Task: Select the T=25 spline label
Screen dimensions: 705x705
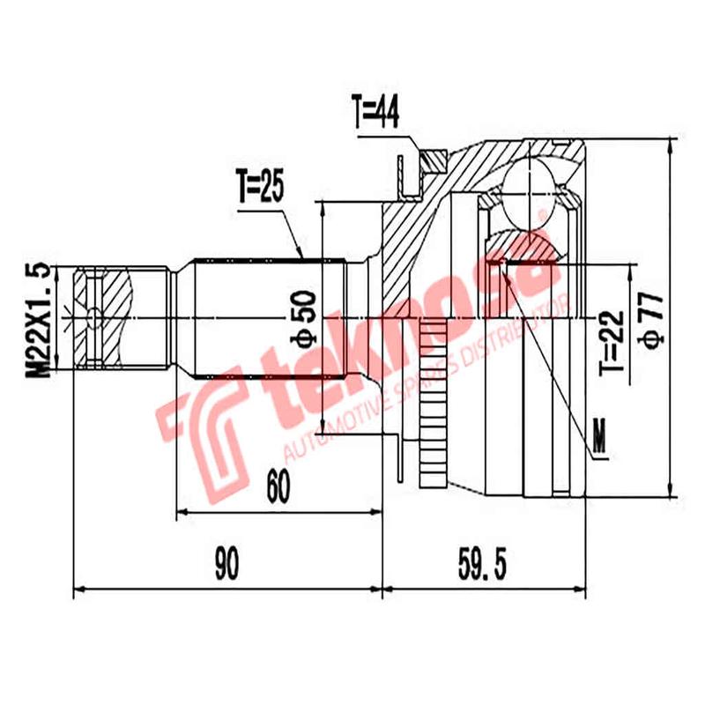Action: [x=261, y=189]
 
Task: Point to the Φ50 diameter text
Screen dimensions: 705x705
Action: [x=302, y=322]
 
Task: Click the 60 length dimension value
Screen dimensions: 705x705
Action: [x=278, y=486]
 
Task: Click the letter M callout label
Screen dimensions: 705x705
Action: [x=601, y=438]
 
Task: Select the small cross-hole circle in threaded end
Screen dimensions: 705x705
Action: [x=95, y=315]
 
